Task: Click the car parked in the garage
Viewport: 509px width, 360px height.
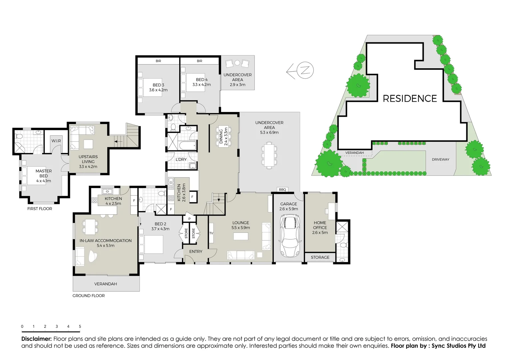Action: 288,236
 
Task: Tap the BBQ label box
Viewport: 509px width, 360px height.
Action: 282,190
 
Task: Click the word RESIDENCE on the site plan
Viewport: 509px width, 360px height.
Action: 410,99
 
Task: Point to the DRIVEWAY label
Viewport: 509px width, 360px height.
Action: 440,160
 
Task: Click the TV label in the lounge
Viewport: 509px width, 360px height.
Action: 211,233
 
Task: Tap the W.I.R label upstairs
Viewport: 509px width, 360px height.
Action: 56,141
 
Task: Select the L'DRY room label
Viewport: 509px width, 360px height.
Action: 181,160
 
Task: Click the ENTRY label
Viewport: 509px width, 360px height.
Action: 196,252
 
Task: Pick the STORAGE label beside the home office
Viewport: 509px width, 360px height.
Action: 320,257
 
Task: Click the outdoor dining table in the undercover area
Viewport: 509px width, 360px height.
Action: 269,155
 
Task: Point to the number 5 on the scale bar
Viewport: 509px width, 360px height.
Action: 80,327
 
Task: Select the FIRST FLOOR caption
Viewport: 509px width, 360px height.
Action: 40,209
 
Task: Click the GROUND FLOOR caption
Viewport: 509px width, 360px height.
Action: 89,296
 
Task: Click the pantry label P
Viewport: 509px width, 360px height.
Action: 189,219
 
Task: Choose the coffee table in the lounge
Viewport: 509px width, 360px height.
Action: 241,236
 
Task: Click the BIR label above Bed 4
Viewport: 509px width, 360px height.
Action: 200,61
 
